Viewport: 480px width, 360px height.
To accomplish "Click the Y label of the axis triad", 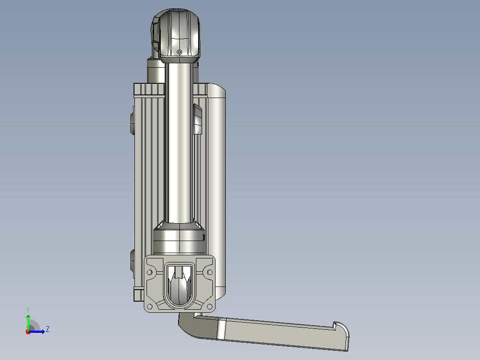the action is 28,310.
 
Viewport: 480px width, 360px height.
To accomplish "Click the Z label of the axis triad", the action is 48,329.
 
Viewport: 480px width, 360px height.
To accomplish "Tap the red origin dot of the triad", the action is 28,332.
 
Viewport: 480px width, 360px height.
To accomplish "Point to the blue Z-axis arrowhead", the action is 43,331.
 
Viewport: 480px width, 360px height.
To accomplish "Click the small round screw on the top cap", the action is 179,52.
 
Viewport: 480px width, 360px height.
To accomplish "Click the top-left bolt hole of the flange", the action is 150,272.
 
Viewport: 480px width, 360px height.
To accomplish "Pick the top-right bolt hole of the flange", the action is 210,272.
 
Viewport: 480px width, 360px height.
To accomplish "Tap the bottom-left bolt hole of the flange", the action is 150,306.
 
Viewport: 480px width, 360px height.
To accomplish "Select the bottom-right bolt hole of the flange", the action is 210,306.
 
